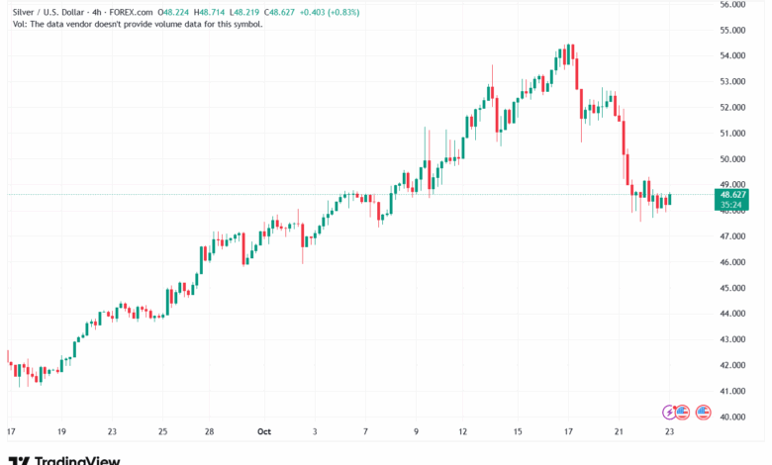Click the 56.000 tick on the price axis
pos(732,4)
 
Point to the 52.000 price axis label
pos(732,107)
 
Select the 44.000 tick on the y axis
pos(732,314)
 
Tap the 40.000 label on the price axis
pos(732,418)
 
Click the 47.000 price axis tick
pos(732,236)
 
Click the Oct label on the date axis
pos(263,431)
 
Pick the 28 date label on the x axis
pos(211,431)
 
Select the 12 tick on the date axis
pos(462,431)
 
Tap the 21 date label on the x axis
pos(619,431)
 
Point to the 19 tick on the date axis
pos(61,431)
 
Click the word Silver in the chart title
pos(26,13)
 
